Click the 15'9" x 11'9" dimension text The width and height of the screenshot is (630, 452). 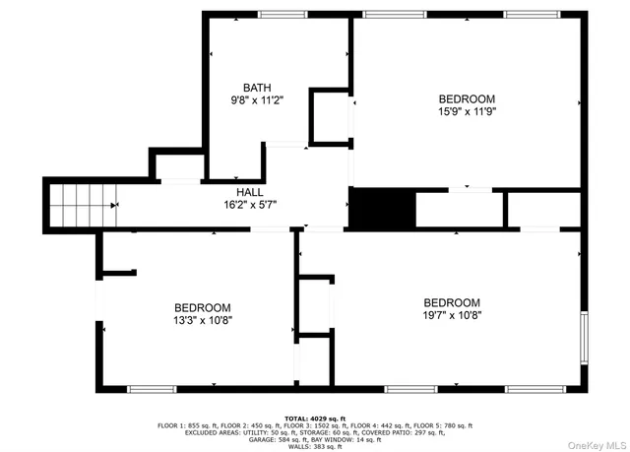tap(467, 112)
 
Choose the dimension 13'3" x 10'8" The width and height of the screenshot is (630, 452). tap(203, 320)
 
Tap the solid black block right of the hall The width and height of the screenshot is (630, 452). tap(382, 208)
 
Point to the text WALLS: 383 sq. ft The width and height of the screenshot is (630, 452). tap(315, 446)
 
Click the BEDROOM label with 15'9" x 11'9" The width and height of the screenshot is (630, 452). tap(467, 98)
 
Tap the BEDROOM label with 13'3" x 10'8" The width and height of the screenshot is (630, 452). tap(203, 307)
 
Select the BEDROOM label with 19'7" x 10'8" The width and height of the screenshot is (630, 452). tap(452, 302)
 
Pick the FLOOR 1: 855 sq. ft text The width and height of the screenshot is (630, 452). tap(179, 425)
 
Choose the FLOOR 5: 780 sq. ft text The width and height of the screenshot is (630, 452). tap(444, 425)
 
